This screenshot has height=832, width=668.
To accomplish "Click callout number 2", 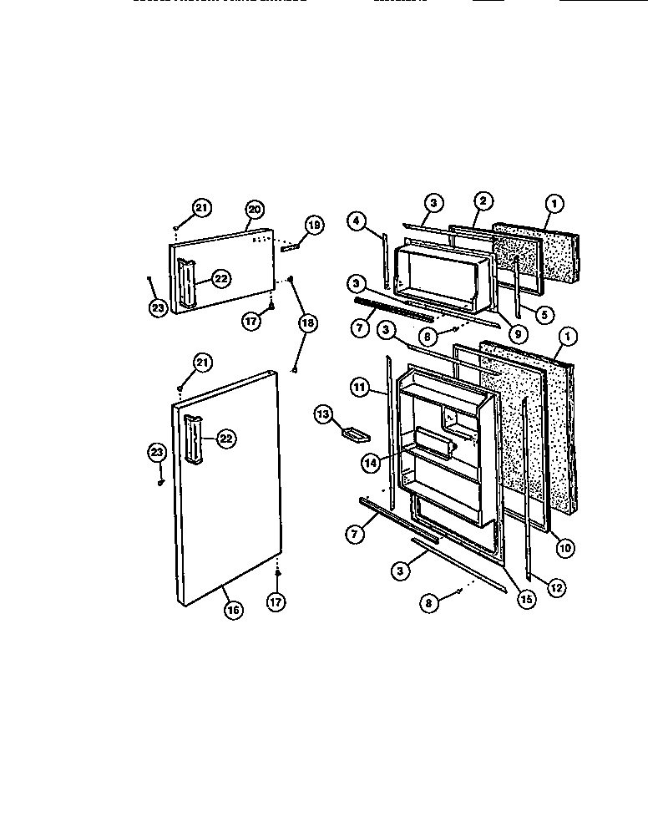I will (x=483, y=200).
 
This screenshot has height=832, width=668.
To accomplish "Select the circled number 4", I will (x=357, y=221).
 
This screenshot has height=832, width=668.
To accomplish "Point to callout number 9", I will (x=519, y=334).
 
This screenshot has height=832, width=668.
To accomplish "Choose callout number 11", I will (x=359, y=388).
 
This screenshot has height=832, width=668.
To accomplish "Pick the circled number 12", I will (x=556, y=587).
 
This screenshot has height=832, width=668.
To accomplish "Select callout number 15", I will (x=525, y=598).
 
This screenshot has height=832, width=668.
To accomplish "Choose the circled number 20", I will (x=254, y=209).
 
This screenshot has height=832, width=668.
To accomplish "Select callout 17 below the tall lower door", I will (x=276, y=600).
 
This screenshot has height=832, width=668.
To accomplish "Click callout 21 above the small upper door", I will (x=201, y=208).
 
